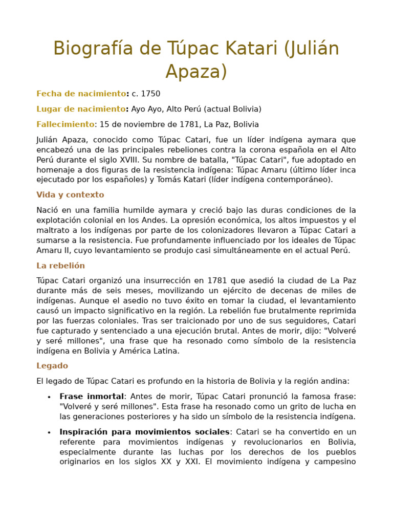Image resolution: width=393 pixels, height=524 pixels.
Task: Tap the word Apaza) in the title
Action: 196,72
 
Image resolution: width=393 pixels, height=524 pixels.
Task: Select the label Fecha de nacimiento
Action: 81,94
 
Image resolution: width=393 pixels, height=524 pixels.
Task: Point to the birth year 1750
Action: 150,94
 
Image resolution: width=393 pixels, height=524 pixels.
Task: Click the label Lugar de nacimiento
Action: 81,109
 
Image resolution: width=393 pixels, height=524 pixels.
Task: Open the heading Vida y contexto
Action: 70,195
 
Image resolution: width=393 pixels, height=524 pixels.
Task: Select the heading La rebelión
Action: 60,266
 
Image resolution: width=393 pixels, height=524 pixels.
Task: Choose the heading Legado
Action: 52,366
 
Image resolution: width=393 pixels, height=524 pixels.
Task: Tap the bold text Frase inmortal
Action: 92,397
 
